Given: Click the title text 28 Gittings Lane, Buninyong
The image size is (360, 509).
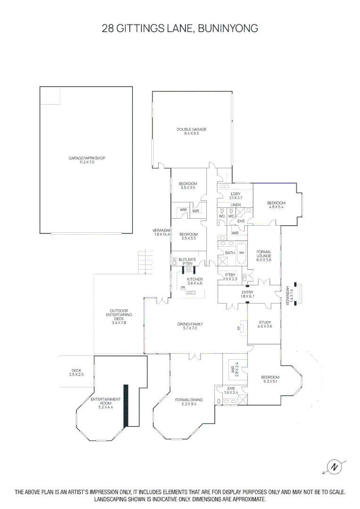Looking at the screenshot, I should coord(180,28).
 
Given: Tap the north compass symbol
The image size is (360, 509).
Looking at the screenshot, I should coord(335,467).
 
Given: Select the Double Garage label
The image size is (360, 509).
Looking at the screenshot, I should coord(191,131).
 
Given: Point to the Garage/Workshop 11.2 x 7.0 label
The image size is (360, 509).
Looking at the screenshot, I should coord(86,160).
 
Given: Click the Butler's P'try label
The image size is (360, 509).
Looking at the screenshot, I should coord(187,262).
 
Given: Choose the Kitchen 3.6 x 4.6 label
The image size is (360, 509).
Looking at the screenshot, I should coord(194,281).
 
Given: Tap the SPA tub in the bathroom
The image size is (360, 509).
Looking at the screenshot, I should coord(242,253).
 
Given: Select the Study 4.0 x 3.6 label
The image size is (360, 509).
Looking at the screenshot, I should coord(265,325).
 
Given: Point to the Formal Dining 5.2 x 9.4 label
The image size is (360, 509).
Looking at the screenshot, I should coord(188,402).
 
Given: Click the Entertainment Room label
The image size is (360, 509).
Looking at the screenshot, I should coord(106,402).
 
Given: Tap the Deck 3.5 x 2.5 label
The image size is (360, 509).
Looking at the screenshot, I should coord(77,372).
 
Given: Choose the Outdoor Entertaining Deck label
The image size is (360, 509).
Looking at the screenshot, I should coord(119,317).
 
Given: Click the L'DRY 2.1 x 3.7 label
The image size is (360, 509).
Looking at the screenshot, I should coord(235,196).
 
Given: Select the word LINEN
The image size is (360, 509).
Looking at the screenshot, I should coord(236,205).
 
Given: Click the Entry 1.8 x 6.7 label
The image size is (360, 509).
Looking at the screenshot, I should coord(247,295).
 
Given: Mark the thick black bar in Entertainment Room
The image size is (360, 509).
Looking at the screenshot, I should coord(126,406).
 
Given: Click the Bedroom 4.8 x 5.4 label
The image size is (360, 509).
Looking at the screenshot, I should coord(277,205).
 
